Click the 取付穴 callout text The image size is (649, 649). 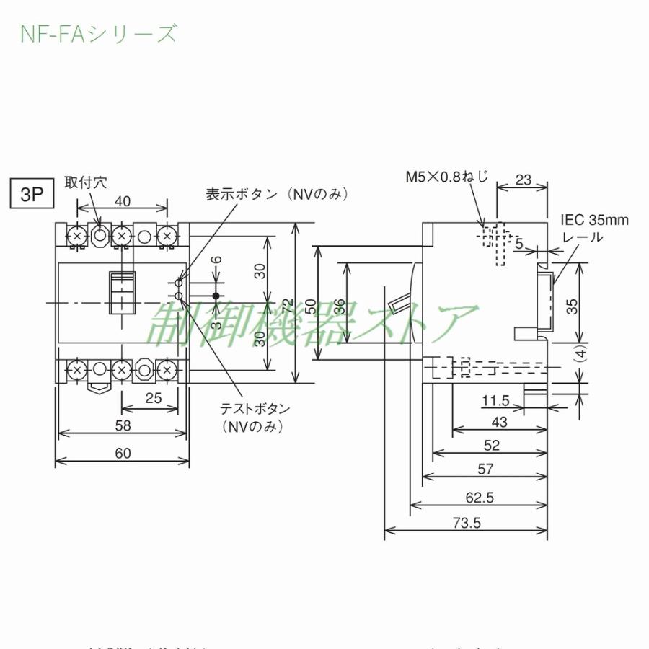point(85,182)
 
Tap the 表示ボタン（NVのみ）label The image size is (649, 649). point(278,195)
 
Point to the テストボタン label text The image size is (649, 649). point(255,409)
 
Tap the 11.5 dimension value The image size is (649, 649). point(496,401)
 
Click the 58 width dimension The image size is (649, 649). point(123,425)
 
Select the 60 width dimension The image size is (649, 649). point(123,453)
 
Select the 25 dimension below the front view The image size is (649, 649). point(152,397)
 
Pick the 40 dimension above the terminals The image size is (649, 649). point(123,201)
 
